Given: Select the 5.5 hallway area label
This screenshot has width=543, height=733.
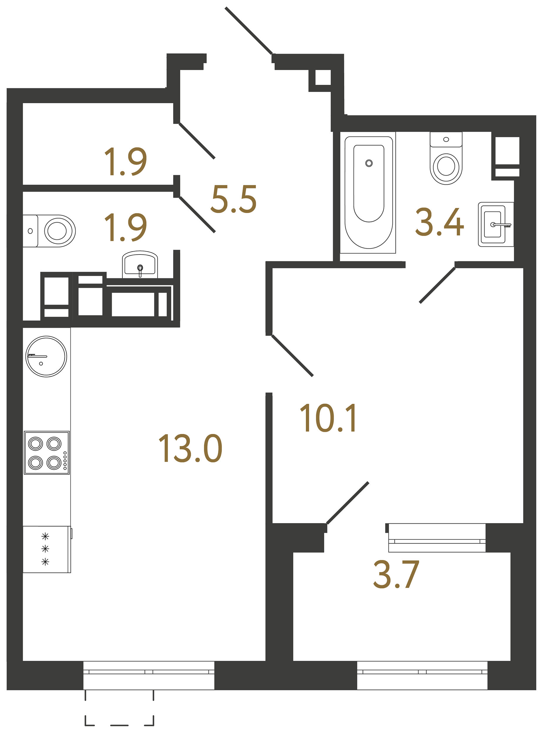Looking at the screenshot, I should [x=233, y=199].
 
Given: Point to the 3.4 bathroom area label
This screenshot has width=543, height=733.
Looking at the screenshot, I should [x=439, y=222].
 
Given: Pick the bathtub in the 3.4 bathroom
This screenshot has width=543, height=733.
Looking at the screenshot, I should [x=368, y=192].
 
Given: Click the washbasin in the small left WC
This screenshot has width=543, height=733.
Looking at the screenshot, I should [x=140, y=264].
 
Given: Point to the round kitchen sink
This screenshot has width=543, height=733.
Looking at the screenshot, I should [x=46, y=356].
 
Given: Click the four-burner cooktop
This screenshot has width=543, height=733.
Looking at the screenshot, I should [x=46, y=453].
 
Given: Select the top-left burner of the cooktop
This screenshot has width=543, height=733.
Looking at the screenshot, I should [x=36, y=444].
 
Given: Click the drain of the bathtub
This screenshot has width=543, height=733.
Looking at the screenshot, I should [x=369, y=163].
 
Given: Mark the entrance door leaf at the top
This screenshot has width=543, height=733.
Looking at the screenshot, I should [x=249, y=30].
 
